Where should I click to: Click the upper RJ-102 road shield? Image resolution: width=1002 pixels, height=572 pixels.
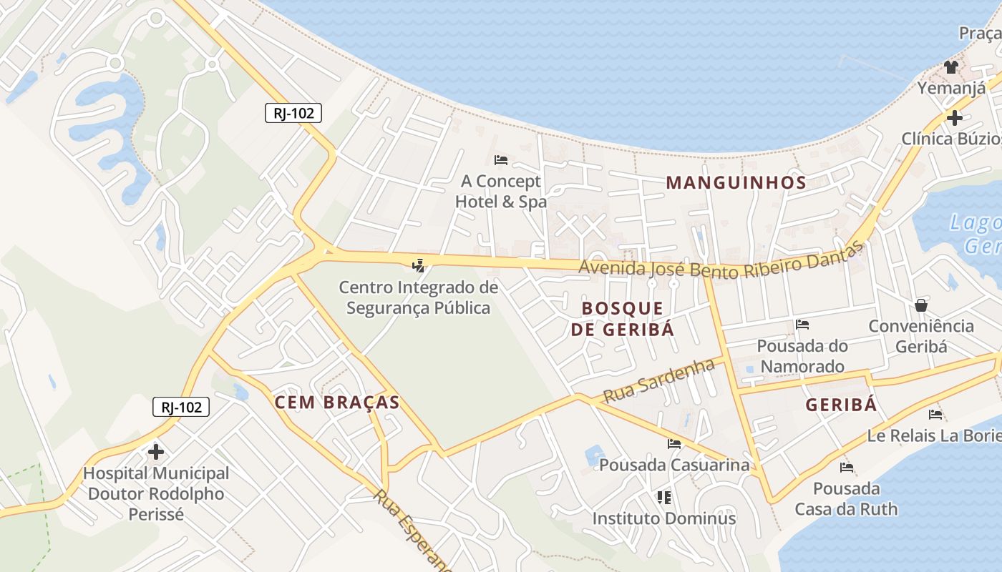(x=293, y=113)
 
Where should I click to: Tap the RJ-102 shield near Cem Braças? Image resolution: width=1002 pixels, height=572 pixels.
(x=181, y=408)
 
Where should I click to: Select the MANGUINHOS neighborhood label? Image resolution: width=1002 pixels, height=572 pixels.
(x=736, y=182)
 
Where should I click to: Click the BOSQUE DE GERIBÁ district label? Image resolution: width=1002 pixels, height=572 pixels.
(x=628, y=319)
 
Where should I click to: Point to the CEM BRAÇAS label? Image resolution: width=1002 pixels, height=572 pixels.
(x=337, y=402)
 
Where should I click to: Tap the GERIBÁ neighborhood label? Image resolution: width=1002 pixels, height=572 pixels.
(x=841, y=405)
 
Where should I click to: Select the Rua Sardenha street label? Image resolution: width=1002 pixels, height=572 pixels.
(x=658, y=381)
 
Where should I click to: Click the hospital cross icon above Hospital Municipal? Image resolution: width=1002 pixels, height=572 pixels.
(x=156, y=452)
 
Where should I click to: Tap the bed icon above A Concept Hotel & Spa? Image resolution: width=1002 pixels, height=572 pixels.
(x=501, y=159)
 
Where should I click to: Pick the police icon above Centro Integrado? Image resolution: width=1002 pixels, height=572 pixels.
(x=419, y=267)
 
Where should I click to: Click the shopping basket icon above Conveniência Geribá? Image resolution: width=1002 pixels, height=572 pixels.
(x=921, y=305)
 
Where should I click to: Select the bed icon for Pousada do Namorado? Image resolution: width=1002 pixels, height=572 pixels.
(x=802, y=325)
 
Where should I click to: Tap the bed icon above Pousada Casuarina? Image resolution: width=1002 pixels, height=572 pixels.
(x=674, y=444)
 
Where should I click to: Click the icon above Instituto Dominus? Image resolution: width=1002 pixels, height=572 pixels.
(x=663, y=497)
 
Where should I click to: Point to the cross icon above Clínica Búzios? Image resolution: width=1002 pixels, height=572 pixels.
(x=954, y=118)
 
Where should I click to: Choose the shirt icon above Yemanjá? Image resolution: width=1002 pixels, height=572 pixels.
(x=950, y=67)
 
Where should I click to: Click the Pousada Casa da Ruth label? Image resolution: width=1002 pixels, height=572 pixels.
(x=846, y=499)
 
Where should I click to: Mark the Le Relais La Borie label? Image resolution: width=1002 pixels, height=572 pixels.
(x=934, y=435)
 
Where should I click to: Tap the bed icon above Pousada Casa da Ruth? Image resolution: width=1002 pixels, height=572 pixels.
(x=847, y=468)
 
